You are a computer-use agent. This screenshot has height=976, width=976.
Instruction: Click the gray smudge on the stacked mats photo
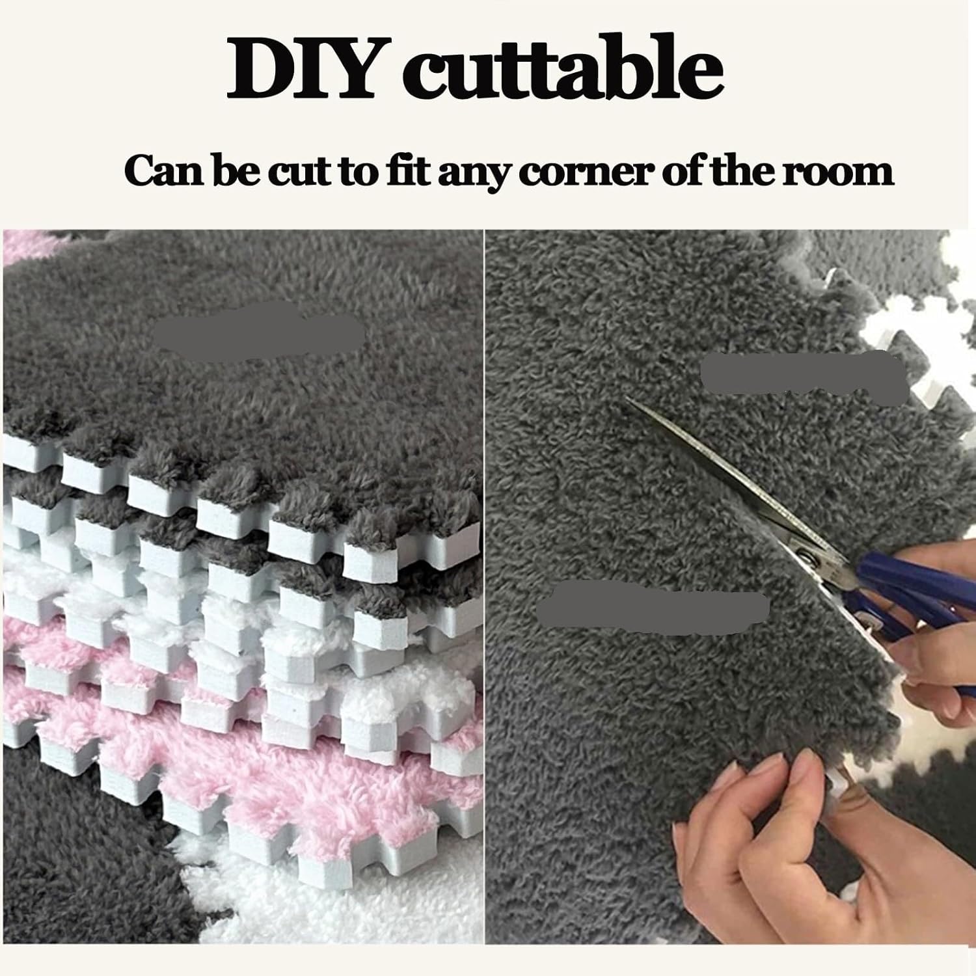click(x=260, y=332)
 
